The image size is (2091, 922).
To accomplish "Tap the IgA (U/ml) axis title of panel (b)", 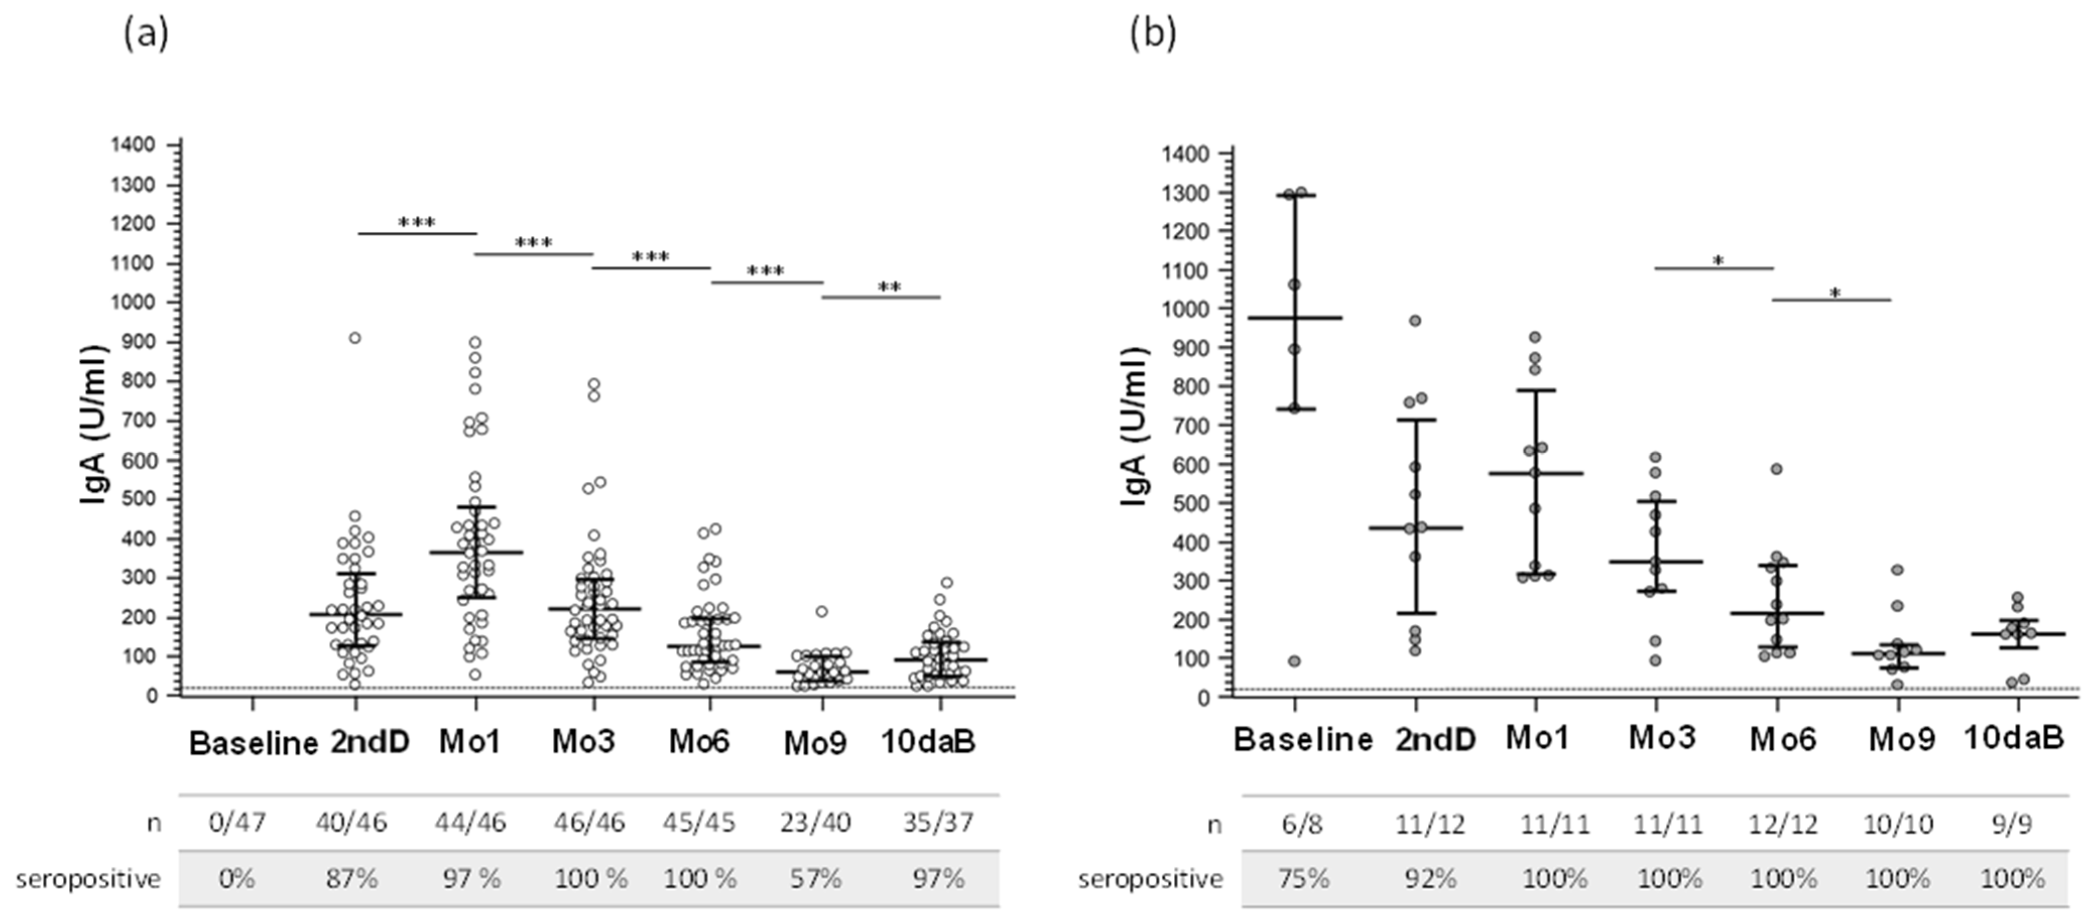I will (1135, 427).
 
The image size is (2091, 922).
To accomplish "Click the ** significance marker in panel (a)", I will (889, 287).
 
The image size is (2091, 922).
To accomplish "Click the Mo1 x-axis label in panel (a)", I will (470, 741).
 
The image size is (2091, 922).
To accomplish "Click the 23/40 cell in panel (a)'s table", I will (816, 822).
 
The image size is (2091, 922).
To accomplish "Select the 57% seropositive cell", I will (816, 878).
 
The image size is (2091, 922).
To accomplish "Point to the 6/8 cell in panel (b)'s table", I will (1303, 824).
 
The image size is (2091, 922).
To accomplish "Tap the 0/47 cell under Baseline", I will (237, 822).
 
